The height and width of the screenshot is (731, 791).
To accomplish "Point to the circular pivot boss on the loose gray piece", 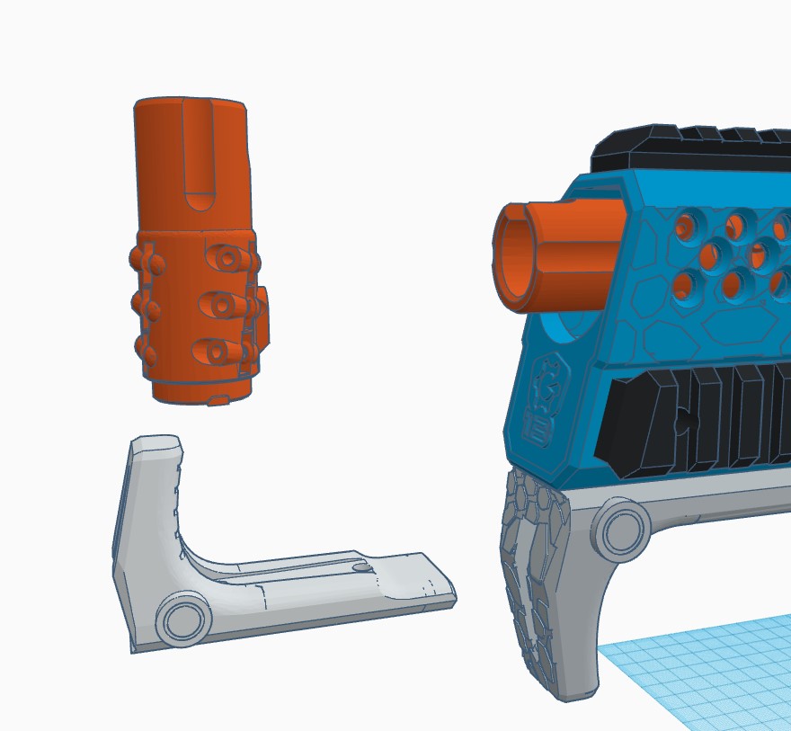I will [x=183, y=620].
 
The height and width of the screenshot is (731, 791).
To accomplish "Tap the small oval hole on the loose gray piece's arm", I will [x=361, y=567].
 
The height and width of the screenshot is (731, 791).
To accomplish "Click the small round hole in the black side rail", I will [x=684, y=421].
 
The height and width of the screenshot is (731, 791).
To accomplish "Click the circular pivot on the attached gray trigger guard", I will [x=619, y=530].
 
